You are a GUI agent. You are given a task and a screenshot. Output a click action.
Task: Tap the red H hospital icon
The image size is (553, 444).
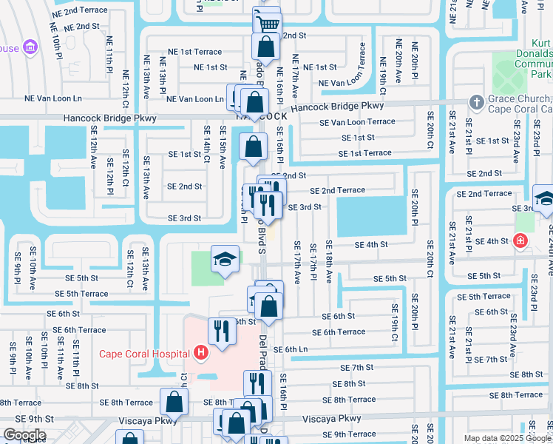tap(200, 354)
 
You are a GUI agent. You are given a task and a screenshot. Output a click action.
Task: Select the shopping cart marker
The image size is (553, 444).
tap(267, 22)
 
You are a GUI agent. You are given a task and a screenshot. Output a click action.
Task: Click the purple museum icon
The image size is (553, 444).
tap(30, 47)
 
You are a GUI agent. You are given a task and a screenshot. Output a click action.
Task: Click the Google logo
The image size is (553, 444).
tap(24, 435)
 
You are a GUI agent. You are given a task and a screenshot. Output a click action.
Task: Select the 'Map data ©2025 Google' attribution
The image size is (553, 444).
tap(506, 438)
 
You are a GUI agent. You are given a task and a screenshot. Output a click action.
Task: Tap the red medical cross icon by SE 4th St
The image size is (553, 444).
tap(520, 241)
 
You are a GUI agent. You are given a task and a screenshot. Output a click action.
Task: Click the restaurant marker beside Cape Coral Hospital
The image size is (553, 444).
tap(221, 331)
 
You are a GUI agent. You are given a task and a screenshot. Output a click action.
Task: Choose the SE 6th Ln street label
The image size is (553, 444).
tap(290, 349)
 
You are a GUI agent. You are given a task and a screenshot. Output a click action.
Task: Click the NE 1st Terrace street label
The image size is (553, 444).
tap(194, 52)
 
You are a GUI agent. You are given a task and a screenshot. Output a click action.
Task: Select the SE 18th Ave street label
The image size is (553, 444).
tap(329, 261)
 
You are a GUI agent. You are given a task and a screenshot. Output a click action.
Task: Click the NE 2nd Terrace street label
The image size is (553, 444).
tap(75, 12)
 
